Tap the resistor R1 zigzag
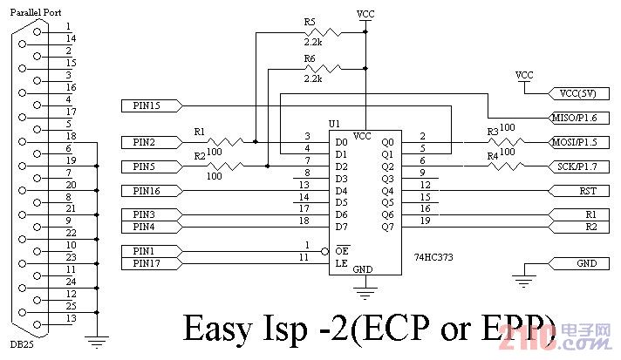coord(229,141)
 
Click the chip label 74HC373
coord(434,258)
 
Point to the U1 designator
coord(334,123)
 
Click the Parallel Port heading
coord(36,11)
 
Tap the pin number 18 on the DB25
coord(71,137)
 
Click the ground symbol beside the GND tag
coord(522,281)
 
